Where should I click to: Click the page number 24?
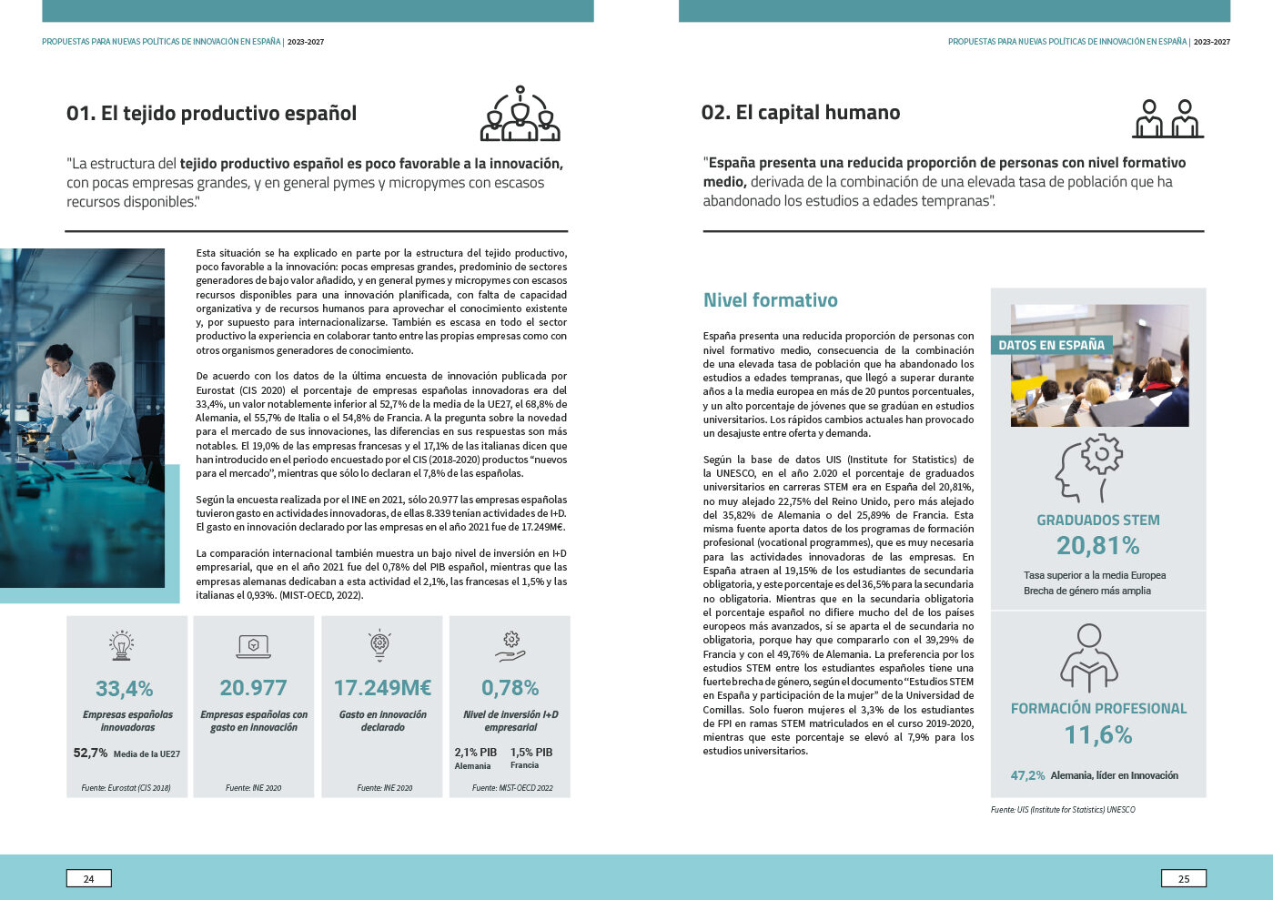(x=88, y=878)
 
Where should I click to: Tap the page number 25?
(x=1183, y=878)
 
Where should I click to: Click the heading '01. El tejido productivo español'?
(x=211, y=114)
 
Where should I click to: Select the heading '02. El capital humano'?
(x=801, y=113)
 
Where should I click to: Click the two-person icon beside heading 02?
(x=1167, y=118)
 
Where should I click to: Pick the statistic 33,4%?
(x=125, y=689)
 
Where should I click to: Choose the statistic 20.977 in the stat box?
(x=253, y=688)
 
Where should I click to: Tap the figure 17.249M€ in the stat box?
(x=382, y=688)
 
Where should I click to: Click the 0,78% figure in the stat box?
(x=510, y=688)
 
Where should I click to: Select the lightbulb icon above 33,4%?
(x=121, y=644)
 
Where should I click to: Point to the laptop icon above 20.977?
(x=253, y=645)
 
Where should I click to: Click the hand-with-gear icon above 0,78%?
(x=510, y=645)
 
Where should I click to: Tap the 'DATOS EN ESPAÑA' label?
(x=1051, y=346)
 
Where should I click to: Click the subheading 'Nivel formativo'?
(x=770, y=300)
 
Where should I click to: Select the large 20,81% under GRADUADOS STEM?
(x=1097, y=546)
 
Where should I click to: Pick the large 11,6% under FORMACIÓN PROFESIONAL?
(x=1097, y=734)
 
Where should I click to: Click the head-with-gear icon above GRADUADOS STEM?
(x=1089, y=469)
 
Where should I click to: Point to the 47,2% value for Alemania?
(x=1027, y=775)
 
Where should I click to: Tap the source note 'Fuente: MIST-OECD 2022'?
(x=512, y=788)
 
